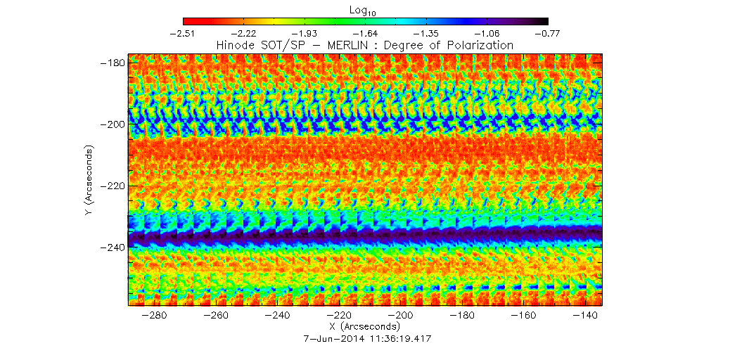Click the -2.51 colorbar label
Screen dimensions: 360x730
[183, 33]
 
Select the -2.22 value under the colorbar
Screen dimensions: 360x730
[243, 33]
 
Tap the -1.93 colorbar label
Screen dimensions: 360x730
[305, 33]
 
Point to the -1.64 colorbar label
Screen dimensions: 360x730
[365, 33]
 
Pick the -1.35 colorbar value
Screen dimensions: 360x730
[426, 33]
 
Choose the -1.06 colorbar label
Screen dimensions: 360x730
[487, 33]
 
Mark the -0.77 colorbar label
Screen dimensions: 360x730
[547, 33]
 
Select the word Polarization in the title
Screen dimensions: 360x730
[481, 45]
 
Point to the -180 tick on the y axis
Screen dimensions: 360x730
[111, 63]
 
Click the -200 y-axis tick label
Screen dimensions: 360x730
[111, 124]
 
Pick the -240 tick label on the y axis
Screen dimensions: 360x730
[111, 247]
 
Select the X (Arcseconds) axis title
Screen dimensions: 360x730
[364, 328]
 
